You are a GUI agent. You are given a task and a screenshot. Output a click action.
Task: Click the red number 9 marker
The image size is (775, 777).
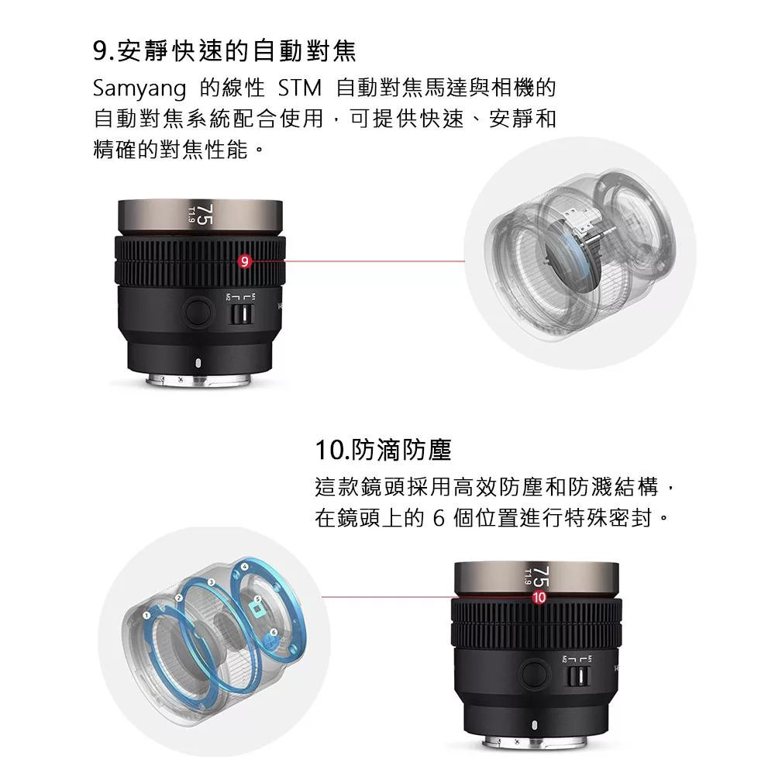pos(244,262)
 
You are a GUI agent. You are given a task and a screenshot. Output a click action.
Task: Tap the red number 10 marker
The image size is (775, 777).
pos(539,597)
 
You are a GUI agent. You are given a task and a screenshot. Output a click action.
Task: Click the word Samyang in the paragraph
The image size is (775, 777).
pos(139,88)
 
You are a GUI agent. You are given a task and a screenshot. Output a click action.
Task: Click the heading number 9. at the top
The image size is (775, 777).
pos(102,52)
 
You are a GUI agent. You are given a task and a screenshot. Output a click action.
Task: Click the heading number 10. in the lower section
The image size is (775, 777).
pos(332,450)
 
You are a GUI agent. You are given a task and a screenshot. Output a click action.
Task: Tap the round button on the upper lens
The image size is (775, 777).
pos(198,313)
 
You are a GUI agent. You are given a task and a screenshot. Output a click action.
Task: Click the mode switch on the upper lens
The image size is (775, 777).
pos(244,313)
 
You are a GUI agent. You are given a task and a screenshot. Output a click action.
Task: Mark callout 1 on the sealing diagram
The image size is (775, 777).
pos(146,614)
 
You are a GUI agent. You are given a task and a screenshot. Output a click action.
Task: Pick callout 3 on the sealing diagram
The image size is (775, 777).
pos(211,582)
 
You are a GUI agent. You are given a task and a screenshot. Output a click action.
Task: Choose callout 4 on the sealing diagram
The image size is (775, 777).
pos(245,568)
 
